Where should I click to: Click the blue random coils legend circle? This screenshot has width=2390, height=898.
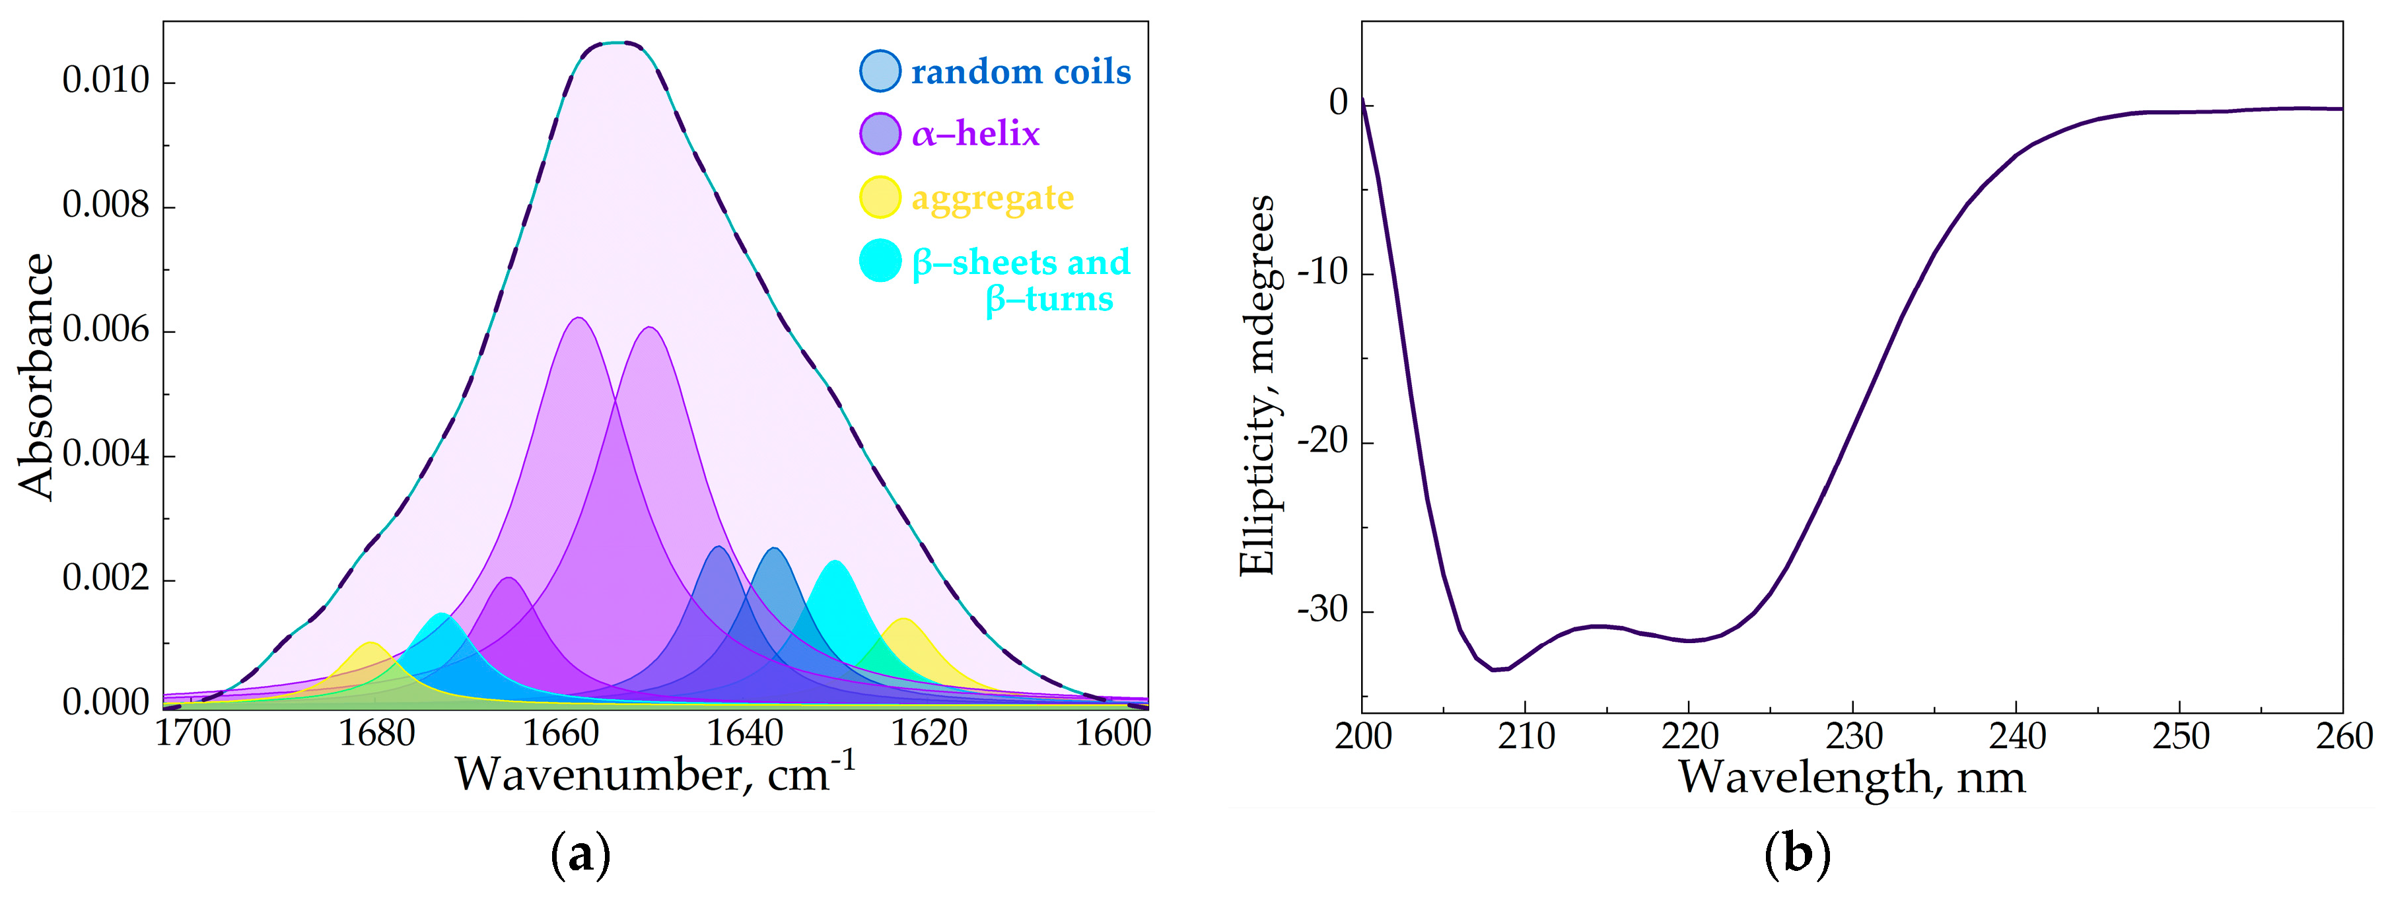880,71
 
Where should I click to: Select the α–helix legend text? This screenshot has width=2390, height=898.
975,135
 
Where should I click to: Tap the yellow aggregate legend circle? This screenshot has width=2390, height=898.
880,197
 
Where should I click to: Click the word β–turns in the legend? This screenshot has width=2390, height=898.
1049,300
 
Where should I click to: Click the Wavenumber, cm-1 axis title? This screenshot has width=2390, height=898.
654,774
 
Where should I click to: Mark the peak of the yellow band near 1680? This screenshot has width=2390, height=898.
371,643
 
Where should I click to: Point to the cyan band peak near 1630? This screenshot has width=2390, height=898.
835,562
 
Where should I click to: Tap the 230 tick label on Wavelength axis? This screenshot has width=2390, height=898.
1854,738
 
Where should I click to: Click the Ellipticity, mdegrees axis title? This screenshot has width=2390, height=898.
1257,386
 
